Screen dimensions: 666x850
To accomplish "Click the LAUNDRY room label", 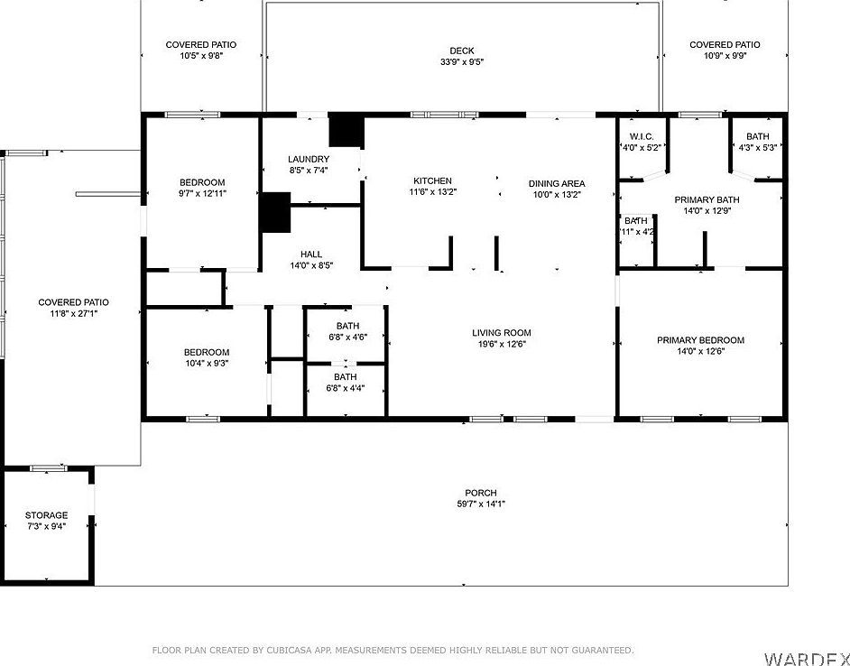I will [309, 159].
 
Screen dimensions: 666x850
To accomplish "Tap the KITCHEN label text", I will [432, 180].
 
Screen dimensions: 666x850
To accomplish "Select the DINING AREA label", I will [557, 183].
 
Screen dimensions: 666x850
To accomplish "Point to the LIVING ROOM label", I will [502, 332].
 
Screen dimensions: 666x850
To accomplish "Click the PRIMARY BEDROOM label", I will [700, 340].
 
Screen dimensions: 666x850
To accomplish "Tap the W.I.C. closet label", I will [641, 136].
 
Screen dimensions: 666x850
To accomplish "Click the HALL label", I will [311, 254].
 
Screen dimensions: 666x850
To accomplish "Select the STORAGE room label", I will [46, 515].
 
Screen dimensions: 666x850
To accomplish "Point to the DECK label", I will [462, 51].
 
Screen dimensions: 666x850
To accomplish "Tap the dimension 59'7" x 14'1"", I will [480, 504].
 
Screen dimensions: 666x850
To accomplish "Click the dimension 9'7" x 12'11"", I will [201, 193].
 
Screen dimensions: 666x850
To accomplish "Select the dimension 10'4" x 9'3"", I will [207, 363].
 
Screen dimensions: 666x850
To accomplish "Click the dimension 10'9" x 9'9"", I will [724, 56].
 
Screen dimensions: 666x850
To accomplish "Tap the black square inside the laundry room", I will [345, 130].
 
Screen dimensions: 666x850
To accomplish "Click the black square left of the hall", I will [274, 213].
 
